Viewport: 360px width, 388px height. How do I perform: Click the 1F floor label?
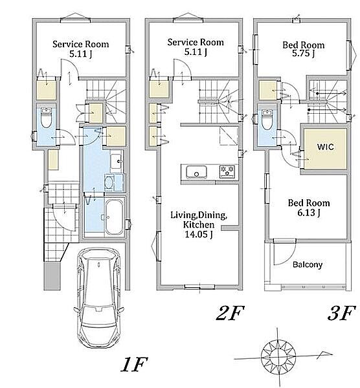[134, 364]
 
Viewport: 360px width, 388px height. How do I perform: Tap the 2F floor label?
[230, 313]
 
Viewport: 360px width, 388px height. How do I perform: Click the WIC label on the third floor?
[326, 147]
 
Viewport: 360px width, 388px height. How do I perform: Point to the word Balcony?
[308, 264]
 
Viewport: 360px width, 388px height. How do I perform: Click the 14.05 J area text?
[199, 234]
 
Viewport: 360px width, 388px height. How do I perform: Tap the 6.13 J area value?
[309, 213]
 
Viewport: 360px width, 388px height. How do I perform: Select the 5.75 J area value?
[303, 53]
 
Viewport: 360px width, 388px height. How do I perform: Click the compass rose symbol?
[278, 358]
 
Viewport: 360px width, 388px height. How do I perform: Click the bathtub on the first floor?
[114, 217]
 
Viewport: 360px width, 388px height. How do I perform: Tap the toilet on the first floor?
[46, 118]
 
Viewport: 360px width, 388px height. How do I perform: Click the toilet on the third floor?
[267, 120]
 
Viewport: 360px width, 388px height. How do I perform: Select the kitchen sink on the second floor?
[196, 172]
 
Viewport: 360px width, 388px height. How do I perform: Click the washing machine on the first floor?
[109, 183]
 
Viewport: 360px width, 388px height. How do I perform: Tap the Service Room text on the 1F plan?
[80, 44]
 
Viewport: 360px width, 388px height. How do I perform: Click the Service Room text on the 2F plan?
[196, 42]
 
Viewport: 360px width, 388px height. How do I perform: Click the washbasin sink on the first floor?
[116, 161]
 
